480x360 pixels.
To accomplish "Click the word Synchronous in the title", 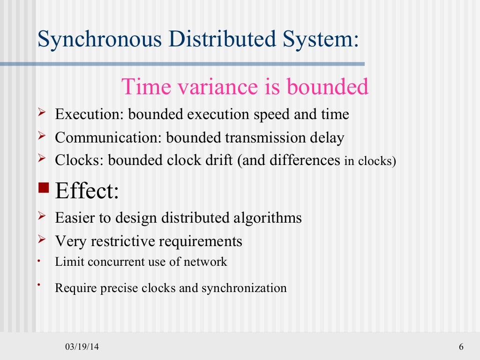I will [100, 39].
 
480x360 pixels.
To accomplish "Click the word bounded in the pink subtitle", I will [328, 87].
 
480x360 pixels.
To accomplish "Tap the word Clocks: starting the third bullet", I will [80, 160].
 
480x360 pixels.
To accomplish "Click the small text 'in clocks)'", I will [370, 161].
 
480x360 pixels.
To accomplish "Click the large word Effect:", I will [87, 191].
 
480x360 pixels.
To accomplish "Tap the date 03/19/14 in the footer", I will [82, 347].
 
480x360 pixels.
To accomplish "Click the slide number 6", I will [461, 347].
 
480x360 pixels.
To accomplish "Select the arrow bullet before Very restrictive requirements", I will [42, 240].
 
